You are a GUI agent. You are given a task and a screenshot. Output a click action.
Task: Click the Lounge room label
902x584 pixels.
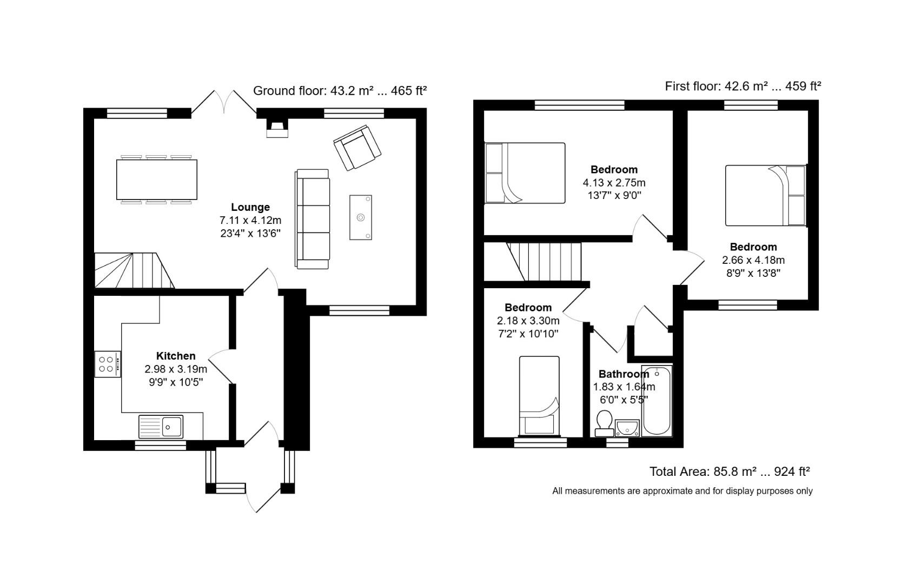click(x=250, y=207)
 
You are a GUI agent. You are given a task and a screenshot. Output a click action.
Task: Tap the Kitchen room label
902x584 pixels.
click(x=176, y=356)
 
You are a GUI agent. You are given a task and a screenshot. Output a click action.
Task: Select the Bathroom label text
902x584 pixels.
click(x=623, y=374)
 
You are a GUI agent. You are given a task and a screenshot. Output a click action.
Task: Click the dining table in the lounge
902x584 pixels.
click(x=156, y=180)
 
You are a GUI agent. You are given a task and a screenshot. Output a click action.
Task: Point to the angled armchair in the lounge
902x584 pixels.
click(x=357, y=147)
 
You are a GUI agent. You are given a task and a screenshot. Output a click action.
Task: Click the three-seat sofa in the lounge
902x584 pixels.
click(x=313, y=219)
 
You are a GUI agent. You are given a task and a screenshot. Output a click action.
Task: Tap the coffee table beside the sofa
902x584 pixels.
click(x=360, y=217)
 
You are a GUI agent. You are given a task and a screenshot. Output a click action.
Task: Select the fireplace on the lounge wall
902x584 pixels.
click(x=277, y=128)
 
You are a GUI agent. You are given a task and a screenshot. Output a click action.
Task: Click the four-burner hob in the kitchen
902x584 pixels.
click(x=107, y=364)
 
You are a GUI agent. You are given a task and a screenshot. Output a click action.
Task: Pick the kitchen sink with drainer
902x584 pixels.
click(x=161, y=427)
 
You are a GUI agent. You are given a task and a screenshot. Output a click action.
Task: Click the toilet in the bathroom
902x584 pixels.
click(x=603, y=423)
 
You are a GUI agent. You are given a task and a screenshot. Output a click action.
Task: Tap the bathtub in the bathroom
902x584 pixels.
click(x=656, y=400)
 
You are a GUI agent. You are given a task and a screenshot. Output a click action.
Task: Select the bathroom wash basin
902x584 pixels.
click(x=627, y=428)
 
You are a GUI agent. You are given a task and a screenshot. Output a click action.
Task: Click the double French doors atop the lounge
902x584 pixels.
click(x=224, y=102)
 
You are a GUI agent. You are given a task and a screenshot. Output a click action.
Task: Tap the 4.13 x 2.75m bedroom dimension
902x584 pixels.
click(x=614, y=183)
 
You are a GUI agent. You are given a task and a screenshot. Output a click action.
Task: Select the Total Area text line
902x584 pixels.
click(x=729, y=472)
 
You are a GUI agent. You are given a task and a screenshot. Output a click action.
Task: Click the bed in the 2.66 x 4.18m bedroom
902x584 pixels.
click(x=765, y=195)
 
